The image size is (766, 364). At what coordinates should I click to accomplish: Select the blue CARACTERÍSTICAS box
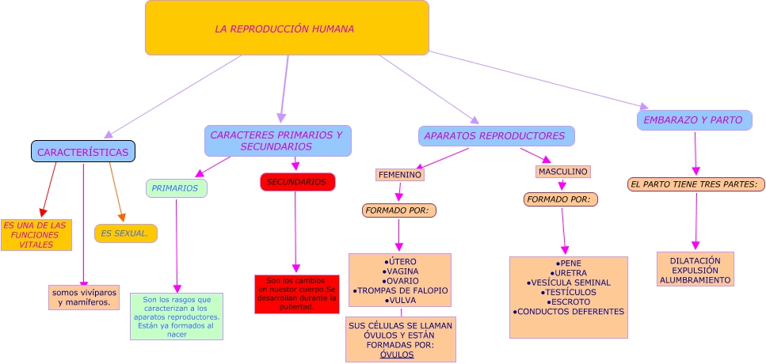click(83, 151)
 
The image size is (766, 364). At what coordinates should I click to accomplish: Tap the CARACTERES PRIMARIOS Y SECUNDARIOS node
click(277, 141)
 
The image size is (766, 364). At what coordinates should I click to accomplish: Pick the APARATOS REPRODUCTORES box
click(496, 136)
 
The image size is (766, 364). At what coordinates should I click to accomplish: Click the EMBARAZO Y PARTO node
click(694, 120)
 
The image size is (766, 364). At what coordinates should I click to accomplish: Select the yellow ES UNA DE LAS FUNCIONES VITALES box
click(36, 235)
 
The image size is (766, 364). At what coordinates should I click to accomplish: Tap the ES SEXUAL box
click(125, 233)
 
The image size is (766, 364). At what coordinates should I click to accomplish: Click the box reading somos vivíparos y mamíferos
click(84, 298)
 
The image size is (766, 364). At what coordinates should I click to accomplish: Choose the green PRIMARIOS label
click(176, 188)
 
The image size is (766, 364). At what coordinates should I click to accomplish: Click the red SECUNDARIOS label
click(297, 182)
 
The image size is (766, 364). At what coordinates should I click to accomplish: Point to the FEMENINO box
click(400, 174)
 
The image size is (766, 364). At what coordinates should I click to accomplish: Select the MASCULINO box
click(562, 172)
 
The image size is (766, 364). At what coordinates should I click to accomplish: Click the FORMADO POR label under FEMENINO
click(399, 210)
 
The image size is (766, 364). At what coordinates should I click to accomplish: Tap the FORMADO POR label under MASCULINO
click(560, 199)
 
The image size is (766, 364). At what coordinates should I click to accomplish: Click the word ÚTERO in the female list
click(401, 261)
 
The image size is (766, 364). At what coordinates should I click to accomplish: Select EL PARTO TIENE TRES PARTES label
click(695, 184)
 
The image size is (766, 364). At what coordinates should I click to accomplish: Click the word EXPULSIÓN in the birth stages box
click(695, 270)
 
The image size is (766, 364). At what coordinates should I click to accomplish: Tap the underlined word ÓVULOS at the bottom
click(397, 355)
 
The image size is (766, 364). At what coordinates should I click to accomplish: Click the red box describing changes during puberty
click(297, 294)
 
